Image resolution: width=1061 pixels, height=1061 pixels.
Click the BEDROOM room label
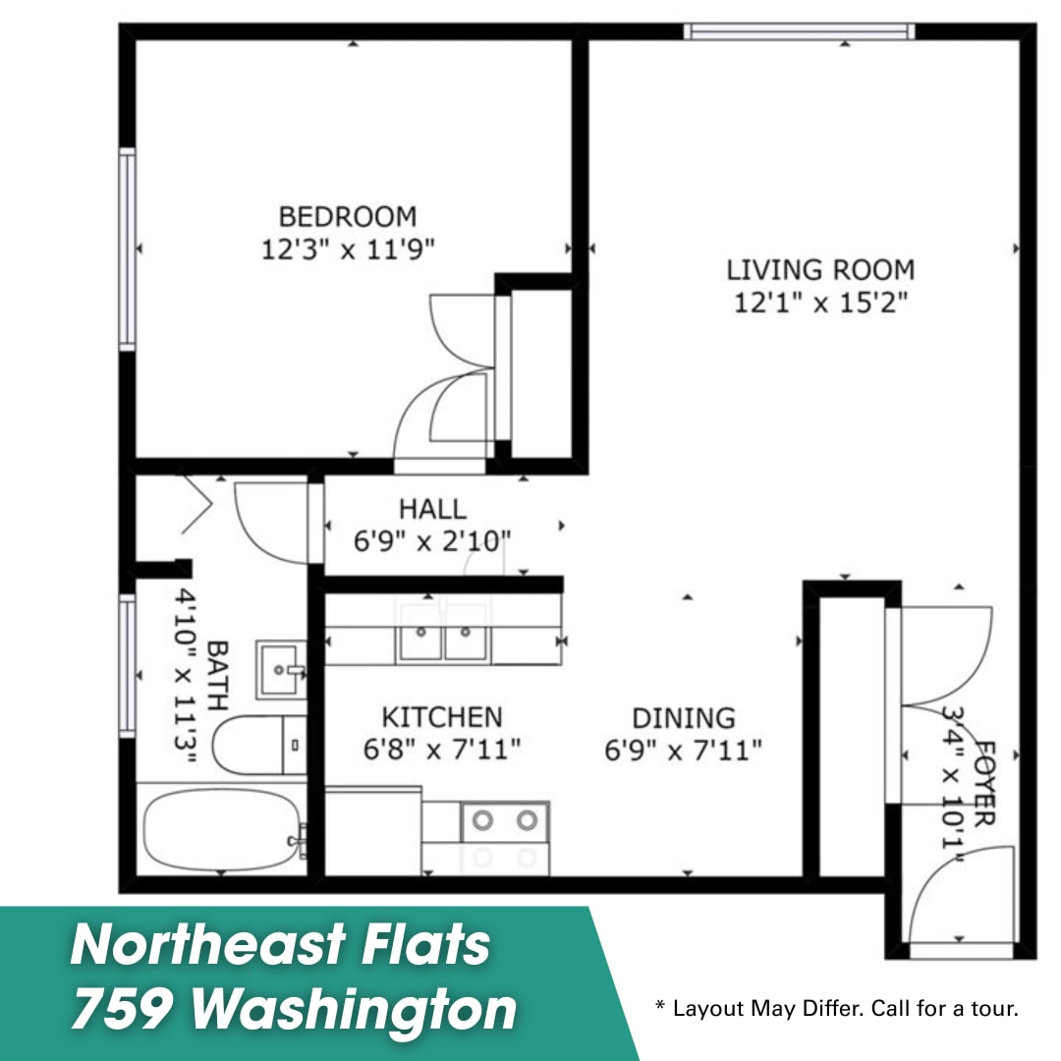pos(348,216)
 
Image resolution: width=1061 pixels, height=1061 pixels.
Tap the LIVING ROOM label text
pos(820,270)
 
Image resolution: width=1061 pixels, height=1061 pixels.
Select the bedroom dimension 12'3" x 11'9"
pos(348,249)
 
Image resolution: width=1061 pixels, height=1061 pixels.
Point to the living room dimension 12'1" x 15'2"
pos(820,302)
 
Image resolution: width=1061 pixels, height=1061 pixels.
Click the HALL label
pos(432,509)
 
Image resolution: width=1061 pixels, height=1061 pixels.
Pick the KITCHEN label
pos(442,716)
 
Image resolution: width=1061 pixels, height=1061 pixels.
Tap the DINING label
pos(684,718)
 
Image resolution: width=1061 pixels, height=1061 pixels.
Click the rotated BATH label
pos(216,676)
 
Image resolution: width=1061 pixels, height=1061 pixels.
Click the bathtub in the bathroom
pos(221,829)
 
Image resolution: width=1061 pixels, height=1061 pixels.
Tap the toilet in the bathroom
pos(259,745)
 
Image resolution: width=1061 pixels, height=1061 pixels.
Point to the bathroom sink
pos(280,670)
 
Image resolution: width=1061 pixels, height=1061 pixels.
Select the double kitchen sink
pos(443,634)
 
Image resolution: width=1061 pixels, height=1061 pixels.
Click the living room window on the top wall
pos(799,31)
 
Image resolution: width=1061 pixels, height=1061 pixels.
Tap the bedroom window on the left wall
pos(127,249)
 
